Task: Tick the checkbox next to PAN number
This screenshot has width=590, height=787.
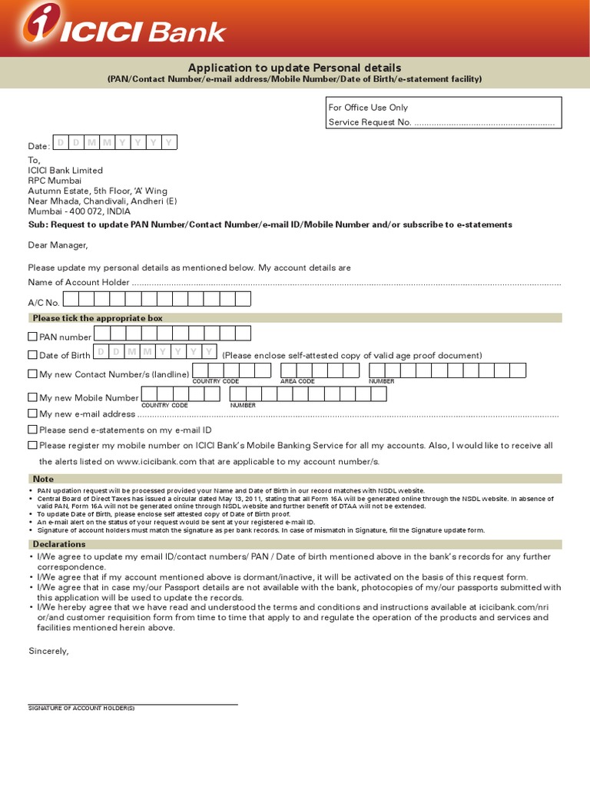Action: tap(32, 337)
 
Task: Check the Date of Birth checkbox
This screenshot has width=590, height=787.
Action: tap(32, 355)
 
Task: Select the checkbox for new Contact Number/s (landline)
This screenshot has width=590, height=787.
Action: tap(32, 374)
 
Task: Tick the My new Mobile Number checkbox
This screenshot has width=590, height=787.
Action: tap(32, 397)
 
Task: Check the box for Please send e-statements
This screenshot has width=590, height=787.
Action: tap(32, 430)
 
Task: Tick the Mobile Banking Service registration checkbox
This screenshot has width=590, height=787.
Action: tap(32, 445)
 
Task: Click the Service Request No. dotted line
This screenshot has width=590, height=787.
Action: tap(484, 123)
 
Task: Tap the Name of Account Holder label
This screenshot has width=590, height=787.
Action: tap(78, 283)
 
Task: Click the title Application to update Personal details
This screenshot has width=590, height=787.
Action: tap(295, 68)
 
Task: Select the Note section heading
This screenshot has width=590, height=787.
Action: tap(43, 479)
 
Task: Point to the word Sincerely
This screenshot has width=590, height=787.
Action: tap(48, 651)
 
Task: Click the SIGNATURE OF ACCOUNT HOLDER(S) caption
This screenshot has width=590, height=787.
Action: tap(81, 708)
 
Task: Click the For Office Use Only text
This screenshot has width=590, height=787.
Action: tap(368, 108)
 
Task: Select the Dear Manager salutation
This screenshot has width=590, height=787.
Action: tap(58, 245)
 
